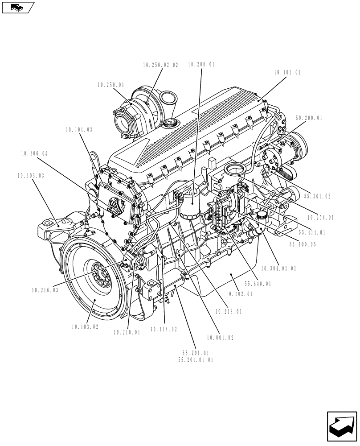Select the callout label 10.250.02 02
[160, 65]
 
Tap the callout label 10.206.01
[201, 65]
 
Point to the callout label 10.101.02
[287, 72]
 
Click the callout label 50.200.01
[309, 119]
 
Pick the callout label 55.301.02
[317, 196]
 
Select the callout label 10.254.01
[320, 218]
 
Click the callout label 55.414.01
[312, 232]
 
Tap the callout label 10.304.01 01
[278, 269]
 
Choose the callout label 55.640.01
[258, 284]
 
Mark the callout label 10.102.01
[239, 294]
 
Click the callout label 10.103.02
[85, 327]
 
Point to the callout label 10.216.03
[45, 290]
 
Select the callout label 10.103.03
[31, 176]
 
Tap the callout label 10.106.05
[34, 153]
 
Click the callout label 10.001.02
[220, 338]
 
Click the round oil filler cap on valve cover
[171, 123]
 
